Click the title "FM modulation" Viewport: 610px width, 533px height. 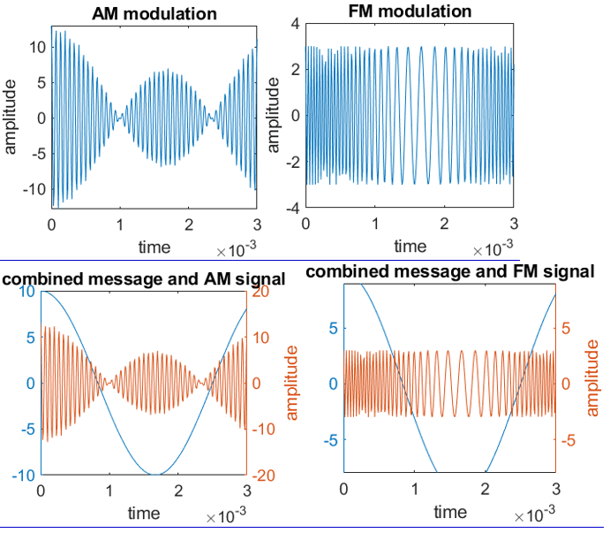point(406,11)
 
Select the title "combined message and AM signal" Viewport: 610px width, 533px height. point(144,279)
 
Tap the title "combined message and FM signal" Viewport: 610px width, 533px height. point(450,272)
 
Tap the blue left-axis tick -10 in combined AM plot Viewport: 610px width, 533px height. point(23,476)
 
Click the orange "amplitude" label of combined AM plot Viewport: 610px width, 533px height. point(292,383)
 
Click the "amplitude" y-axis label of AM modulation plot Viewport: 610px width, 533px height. point(11,115)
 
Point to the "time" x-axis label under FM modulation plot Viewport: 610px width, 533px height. point(410,246)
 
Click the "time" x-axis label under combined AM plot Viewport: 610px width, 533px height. point(144,513)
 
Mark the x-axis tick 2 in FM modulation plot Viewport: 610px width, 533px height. point(444,225)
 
